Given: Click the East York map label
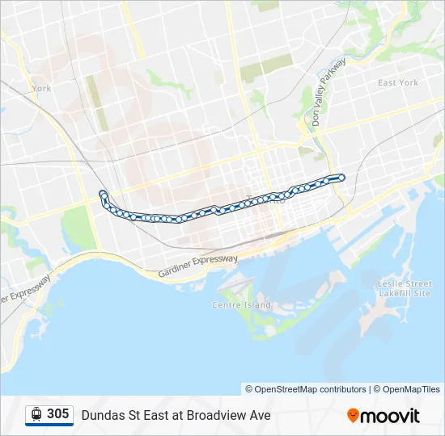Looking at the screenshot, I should coord(398,82).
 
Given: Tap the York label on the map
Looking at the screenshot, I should coord(41,89).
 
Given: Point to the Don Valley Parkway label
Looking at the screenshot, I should coord(327,94).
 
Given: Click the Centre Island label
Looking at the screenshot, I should coord(241,305).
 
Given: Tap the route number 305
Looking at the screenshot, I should coord(57,414).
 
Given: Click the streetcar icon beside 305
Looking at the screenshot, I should coord(36,414).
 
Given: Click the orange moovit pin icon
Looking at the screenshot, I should coord(353,416).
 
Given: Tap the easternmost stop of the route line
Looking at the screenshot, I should coord(341,178).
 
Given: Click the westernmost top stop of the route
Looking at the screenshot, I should coord(103,193).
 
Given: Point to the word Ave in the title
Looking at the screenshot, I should coord(260,416).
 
